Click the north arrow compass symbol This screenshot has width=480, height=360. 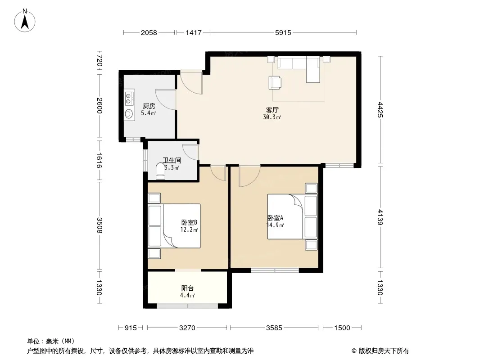tap(25, 21)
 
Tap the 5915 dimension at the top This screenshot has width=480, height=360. tap(283, 32)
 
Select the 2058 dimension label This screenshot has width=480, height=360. tap(149, 32)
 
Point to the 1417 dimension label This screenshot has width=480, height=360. tap(194, 32)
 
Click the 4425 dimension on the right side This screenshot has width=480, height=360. tap(380, 109)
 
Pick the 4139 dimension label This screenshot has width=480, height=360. tap(380, 217)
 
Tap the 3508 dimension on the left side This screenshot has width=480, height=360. tap(99, 225)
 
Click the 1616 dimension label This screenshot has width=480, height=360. tap(99, 160)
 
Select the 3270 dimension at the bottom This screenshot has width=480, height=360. tap(187, 328)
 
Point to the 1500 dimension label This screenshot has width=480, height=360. tap(342, 328)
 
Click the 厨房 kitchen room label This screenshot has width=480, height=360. tap(149, 106)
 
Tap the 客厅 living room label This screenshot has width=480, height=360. tap(272, 110)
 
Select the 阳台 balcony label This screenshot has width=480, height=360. tap(187, 288)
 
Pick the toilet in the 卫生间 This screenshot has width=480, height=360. tap(160, 171)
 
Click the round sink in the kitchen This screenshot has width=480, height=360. tap(129, 114)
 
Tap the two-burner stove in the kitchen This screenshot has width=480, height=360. tap(130, 98)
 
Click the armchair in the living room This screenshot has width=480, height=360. tap(275, 83)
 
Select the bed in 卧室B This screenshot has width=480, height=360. tap(174, 226)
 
